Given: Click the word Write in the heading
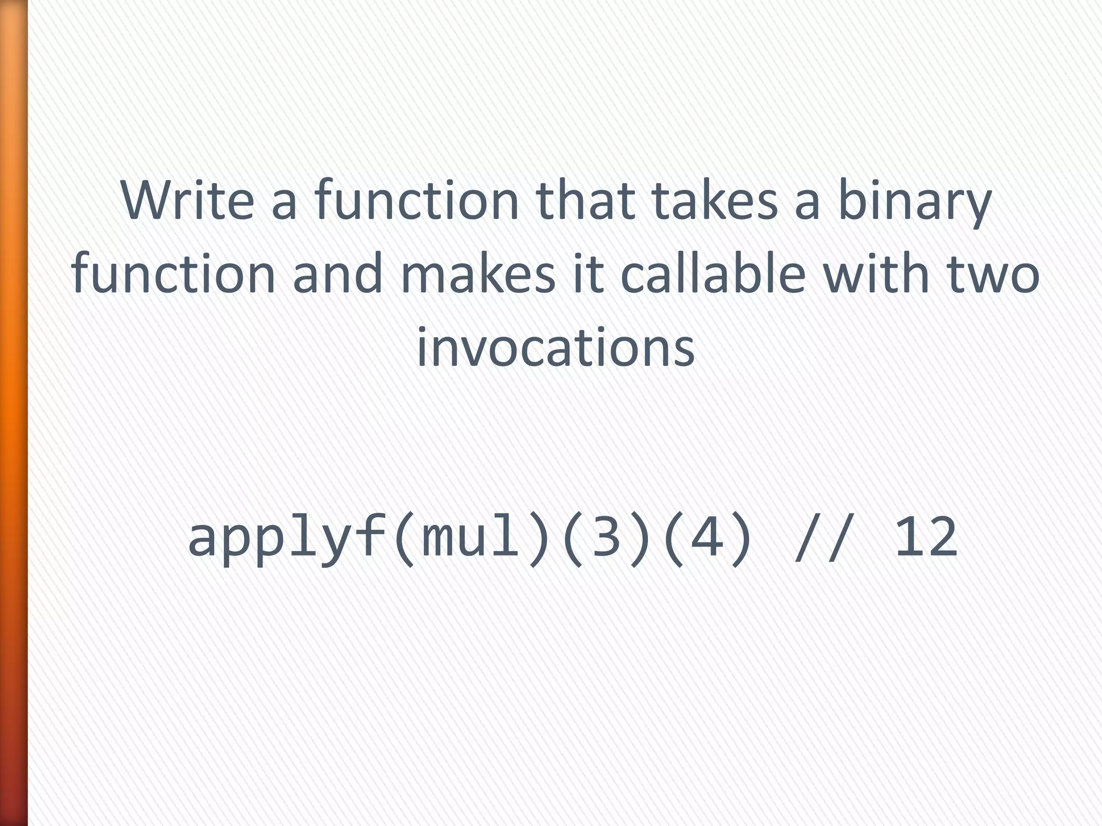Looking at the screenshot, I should [187, 200].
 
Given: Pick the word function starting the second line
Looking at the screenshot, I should [173, 274].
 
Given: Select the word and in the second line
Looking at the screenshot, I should [337, 274].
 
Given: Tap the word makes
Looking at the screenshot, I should [478, 274].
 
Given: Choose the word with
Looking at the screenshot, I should [875, 274].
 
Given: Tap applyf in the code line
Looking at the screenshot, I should [287, 538].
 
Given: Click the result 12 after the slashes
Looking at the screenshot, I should [926, 538].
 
